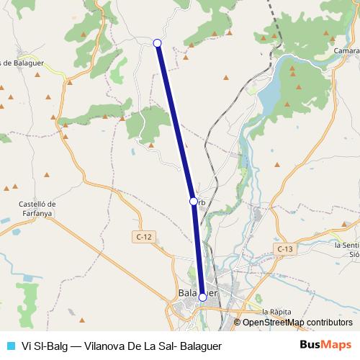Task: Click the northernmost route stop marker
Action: tap(157, 43)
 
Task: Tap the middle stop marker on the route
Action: tap(193, 201)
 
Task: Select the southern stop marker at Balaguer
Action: tap(202, 297)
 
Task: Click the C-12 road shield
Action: tap(143, 236)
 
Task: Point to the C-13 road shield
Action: tap(285, 248)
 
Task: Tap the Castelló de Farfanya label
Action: tap(37, 208)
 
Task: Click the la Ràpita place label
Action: tap(276, 312)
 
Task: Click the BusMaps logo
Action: tap(325, 344)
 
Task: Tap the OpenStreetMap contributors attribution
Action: tap(297, 323)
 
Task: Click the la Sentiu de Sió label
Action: tap(346, 249)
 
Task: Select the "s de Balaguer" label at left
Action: tap(22, 63)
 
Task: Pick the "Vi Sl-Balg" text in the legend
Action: tap(45, 345)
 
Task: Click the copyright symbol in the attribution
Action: tap(238, 323)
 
